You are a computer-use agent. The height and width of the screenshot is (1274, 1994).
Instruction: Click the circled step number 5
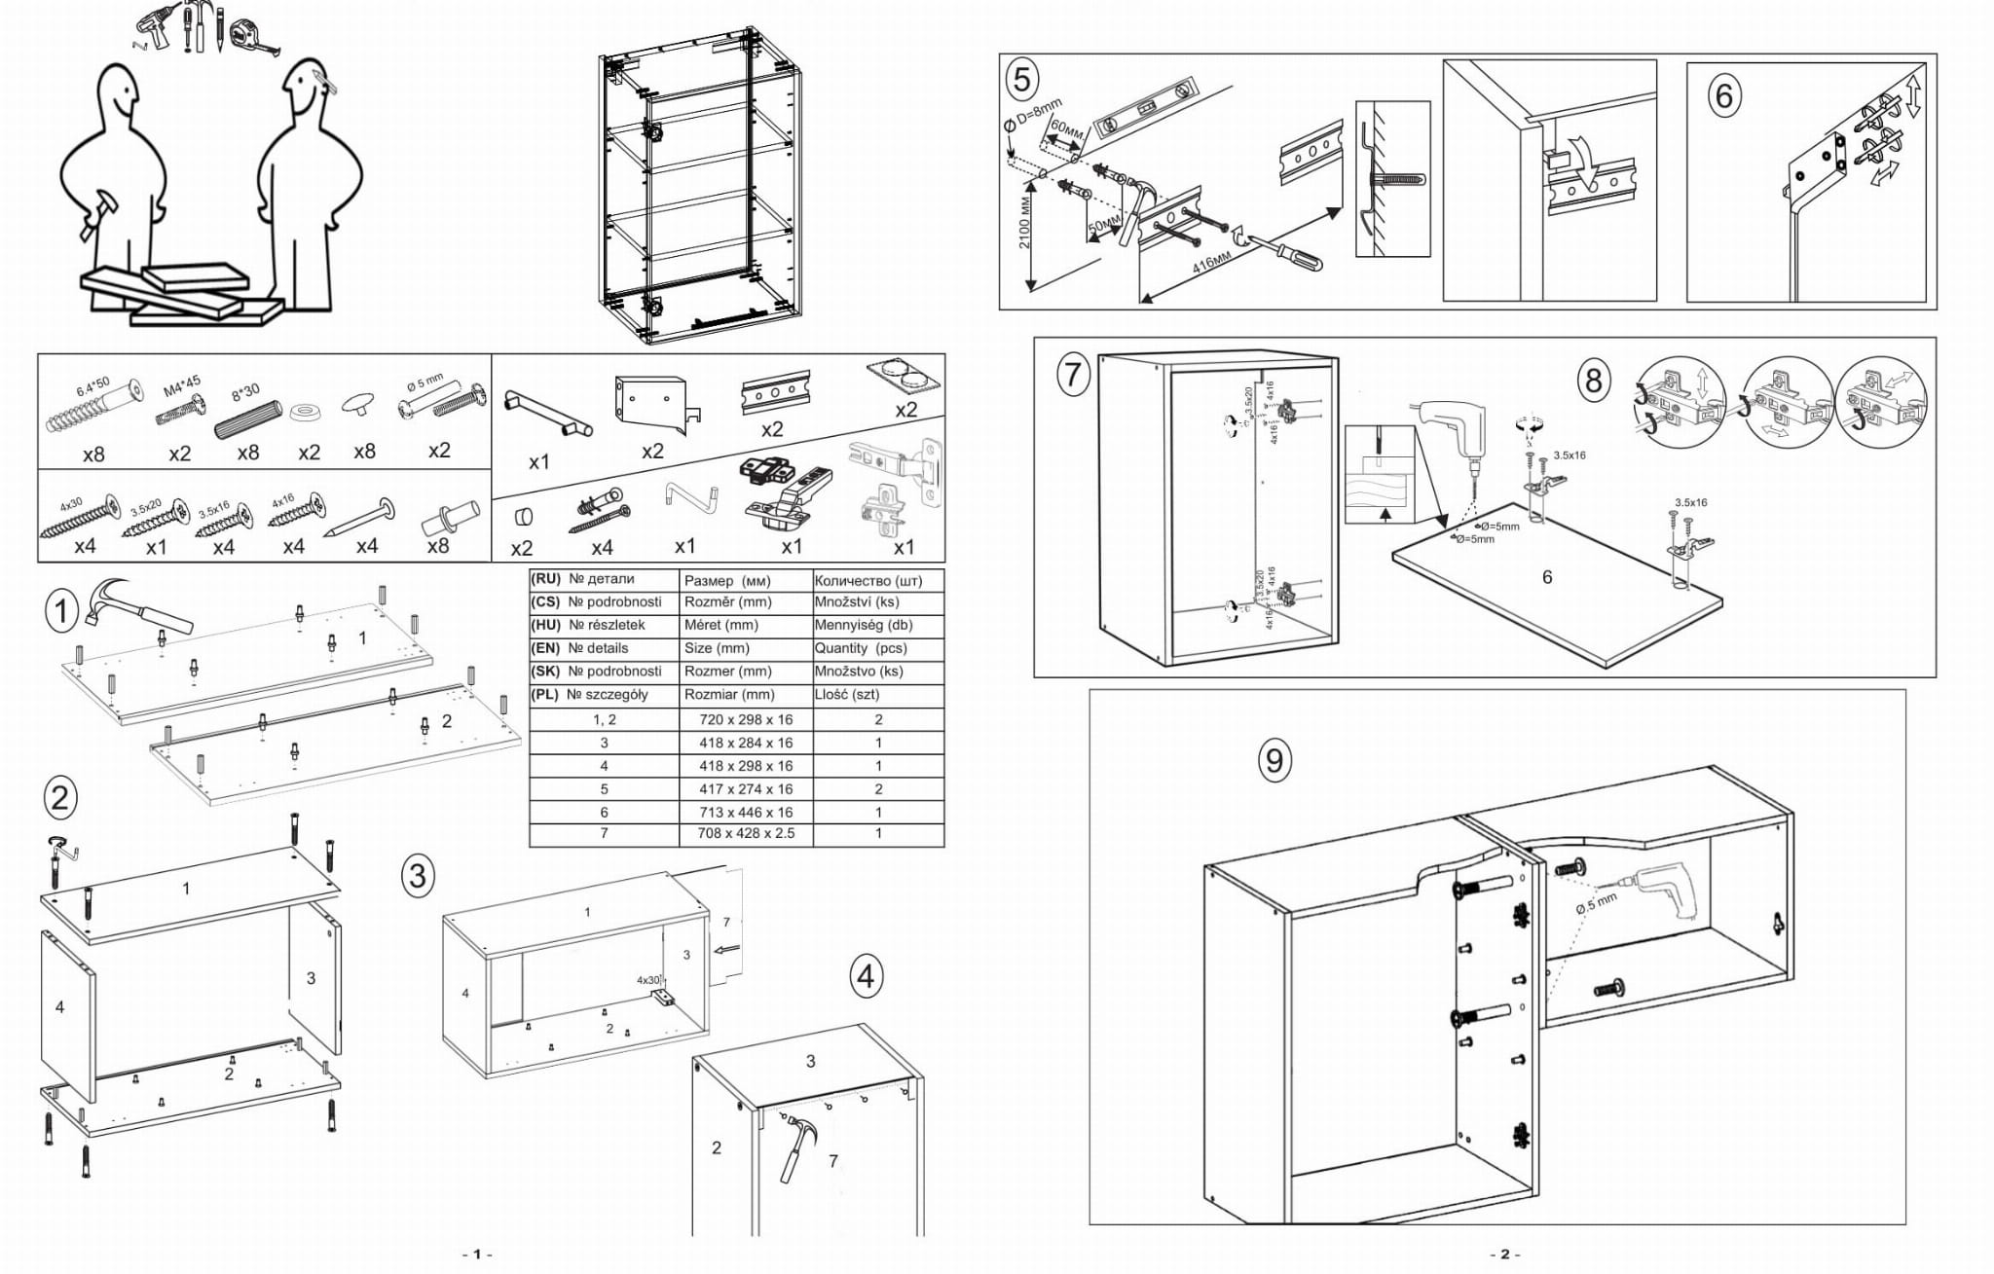click(x=1021, y=79)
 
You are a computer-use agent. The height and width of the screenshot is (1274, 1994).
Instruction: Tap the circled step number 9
click(x=1274, y=759)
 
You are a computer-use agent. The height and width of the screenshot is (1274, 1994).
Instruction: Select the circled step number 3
click(x=417, y=876)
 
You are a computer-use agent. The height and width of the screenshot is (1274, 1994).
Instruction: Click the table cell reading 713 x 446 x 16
click(x=746, y=812)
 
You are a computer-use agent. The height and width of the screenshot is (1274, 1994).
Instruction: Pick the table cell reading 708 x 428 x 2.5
click(x=746, y=834)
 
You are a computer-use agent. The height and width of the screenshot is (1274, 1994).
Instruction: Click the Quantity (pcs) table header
click(x=860, y=648)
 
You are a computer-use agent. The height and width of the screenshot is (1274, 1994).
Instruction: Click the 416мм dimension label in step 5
click(x=1211, y=263)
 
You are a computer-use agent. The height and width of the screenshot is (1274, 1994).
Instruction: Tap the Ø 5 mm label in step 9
click(x=1596, y=904)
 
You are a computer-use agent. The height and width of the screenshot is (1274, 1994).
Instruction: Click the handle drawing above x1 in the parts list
click(x=546, y=413)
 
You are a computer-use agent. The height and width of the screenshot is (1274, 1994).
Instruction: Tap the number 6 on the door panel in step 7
click(x=1547, y=577)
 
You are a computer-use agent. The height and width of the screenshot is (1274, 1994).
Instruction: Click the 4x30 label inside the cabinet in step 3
click(x=647, y=980)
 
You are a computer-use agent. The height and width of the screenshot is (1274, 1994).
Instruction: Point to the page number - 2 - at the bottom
click(x=1504, y=1255)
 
